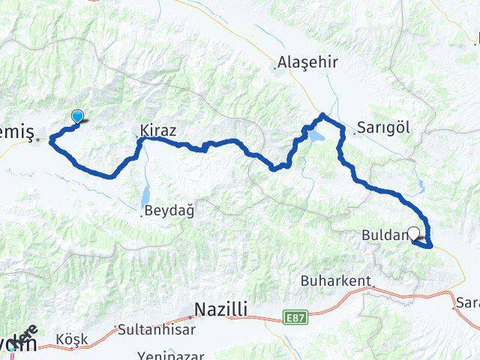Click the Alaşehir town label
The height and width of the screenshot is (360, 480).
click(298, 62)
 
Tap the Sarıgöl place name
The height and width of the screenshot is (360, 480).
click(383, 127)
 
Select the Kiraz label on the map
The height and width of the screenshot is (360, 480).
click(157, 130)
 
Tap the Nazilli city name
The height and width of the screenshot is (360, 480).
click(221, 309)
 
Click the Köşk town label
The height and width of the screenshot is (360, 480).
click(71, 339)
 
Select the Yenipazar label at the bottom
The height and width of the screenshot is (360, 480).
click(169, 355)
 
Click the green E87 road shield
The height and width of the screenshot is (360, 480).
click(296, 318)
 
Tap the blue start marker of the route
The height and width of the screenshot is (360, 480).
click(78, 116)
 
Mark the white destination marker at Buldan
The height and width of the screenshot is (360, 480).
click(413, 233)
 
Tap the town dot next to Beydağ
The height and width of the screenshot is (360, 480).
click(142, 215)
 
